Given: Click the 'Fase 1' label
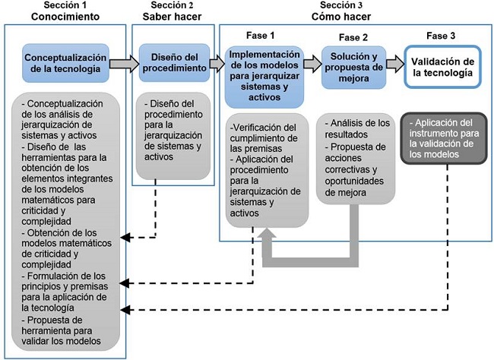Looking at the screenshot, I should [x=261, y=36].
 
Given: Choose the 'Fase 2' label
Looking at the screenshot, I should [x=353, y=37].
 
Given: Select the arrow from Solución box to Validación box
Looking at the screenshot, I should [x=394, y=64].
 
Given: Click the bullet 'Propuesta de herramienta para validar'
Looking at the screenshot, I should [x=64, y=330].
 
